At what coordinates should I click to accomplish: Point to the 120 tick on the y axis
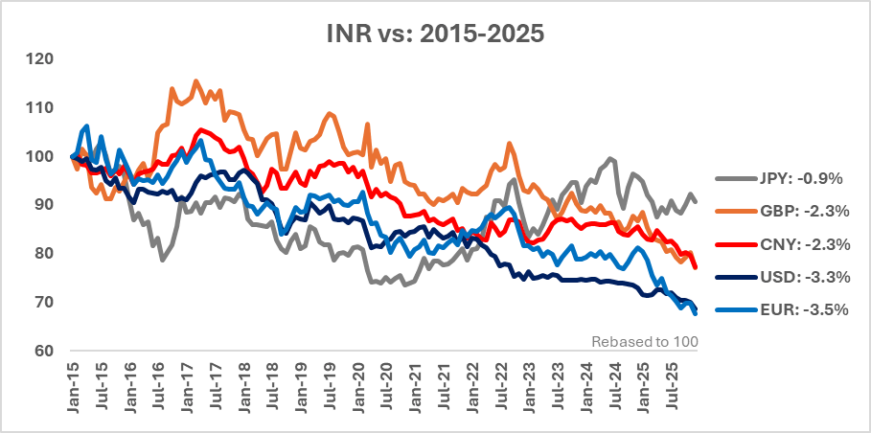40,59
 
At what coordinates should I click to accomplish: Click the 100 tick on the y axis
40,156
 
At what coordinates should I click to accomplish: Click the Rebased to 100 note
645,341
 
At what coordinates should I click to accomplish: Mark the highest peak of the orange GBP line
196,80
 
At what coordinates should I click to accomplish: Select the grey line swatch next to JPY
731,177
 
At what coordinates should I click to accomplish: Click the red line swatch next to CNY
731,243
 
